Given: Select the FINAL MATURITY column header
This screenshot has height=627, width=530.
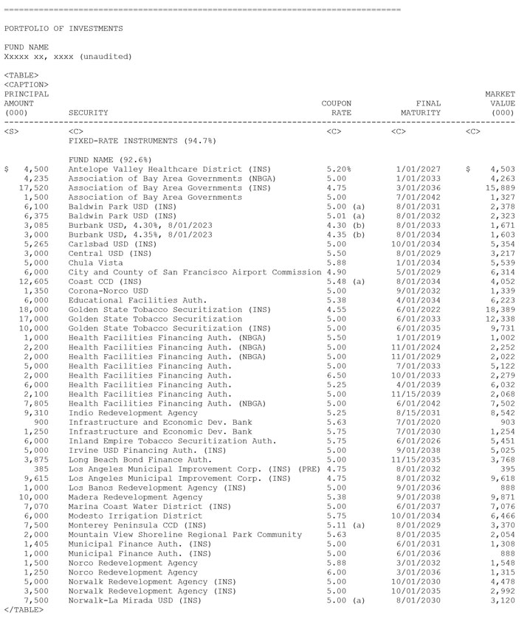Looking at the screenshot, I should click(421, 108).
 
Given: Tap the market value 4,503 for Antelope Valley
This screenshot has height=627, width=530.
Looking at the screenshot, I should click(502, 169).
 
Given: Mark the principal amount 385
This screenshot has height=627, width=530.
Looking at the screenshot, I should click(41, 469).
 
